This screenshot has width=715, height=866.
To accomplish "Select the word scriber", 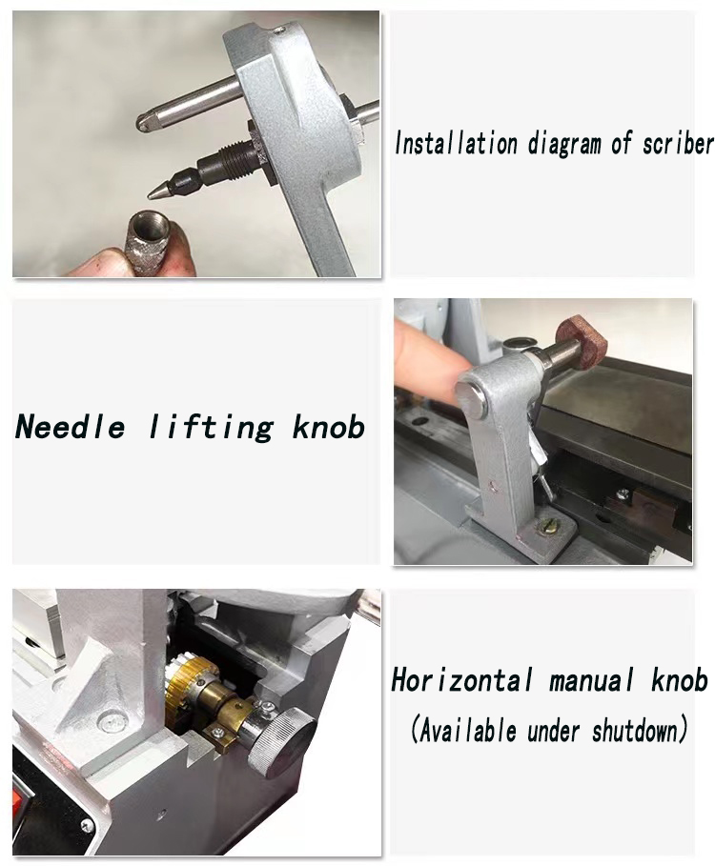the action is [678, 144].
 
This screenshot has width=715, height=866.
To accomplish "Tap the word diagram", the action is [564, 145].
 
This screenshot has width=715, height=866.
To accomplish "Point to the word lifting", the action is [211, 428].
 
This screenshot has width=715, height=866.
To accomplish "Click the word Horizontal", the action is [462, 680].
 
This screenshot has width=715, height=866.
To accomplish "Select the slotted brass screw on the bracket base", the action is [548, 528].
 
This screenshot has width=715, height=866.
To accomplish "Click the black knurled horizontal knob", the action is [280, 738].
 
